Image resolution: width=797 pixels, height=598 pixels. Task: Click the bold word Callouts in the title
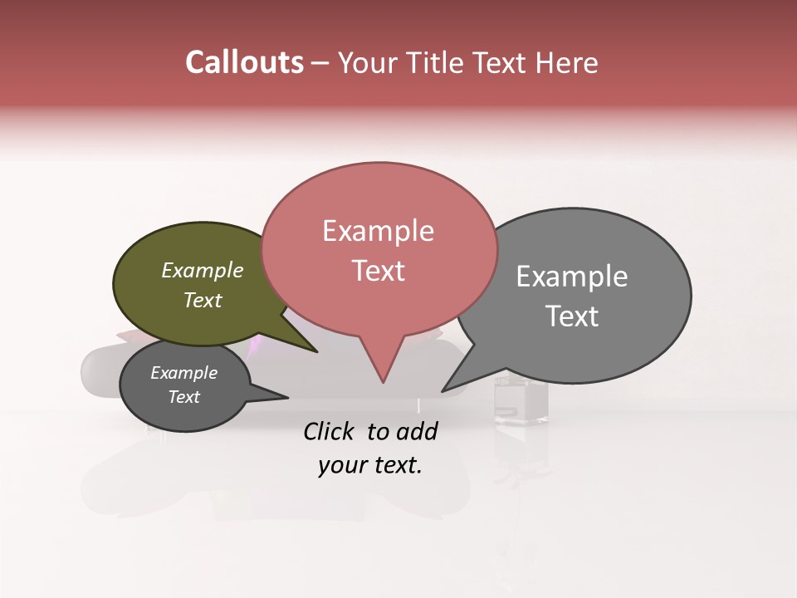pos(244,62)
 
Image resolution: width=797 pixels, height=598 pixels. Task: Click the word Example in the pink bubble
pos(378,231)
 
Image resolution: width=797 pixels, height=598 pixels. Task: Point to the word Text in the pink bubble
pos(378,271)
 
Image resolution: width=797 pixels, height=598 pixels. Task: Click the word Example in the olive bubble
pos(203,270)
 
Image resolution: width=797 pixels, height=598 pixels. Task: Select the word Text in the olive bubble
pos(203,300)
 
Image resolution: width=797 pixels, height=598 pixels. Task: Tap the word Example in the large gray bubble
pos(572,277)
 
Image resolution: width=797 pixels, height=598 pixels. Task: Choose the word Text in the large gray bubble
pos(572,316)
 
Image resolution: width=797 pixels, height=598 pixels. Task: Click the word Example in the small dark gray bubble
pos(183,373)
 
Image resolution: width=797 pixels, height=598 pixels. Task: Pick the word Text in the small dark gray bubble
pos(183,397)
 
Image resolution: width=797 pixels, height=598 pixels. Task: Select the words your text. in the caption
pos(370,465)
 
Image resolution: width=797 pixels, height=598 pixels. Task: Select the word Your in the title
pos(362,62)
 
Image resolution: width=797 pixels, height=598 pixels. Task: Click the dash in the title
pos(321,63)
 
